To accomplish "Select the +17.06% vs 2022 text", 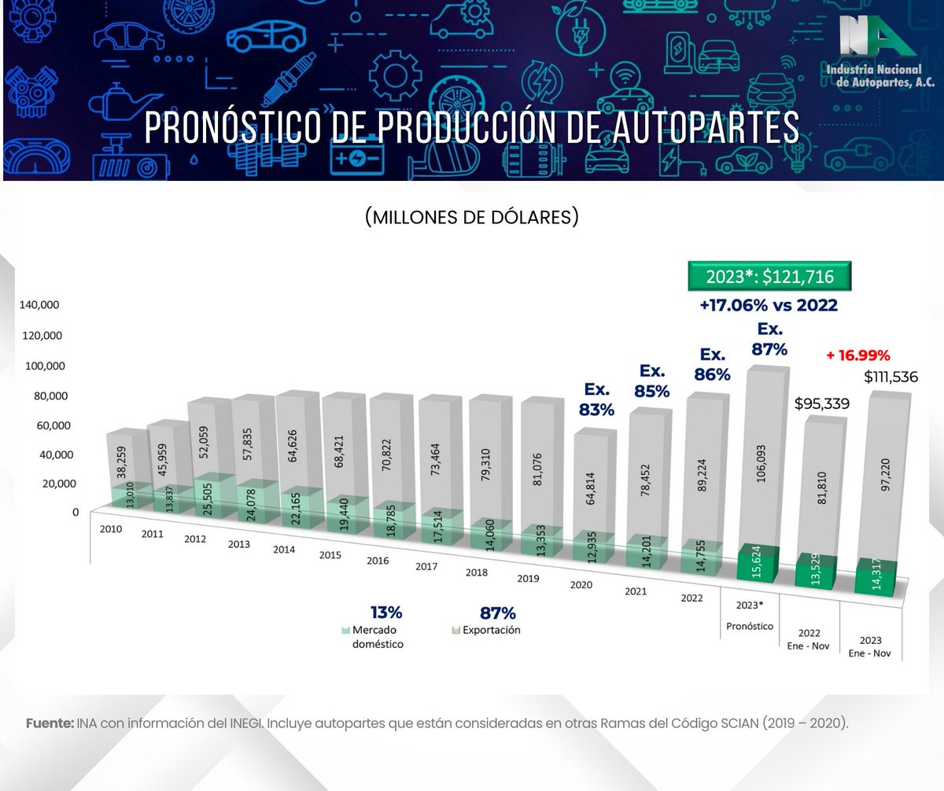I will coord(769,306).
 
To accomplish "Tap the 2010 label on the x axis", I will coord(111,529).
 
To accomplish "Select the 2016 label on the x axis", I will coord(378,561).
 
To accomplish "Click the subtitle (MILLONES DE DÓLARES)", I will coord(471,217).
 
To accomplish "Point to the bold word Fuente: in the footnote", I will coord(50,723).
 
